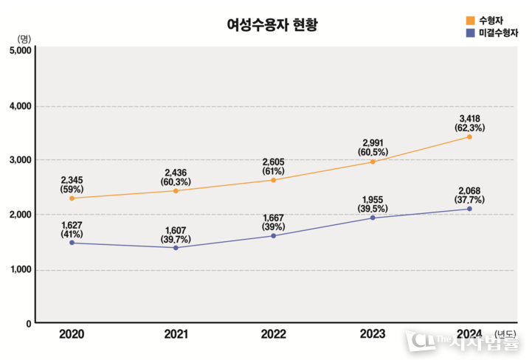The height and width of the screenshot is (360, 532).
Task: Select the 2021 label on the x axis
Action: coord(175,335)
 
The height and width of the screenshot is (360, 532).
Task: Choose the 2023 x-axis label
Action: coord(373,335)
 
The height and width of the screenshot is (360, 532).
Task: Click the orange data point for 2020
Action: coord(72,198)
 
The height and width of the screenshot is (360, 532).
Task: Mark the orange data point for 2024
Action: coord(469,136)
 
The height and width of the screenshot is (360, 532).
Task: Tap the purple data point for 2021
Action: coord(176,248)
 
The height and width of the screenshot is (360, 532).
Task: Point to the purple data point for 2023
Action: coord(373,218)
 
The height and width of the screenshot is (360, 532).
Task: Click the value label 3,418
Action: coord(470,118)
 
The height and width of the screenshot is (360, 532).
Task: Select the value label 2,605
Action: coord(274,161)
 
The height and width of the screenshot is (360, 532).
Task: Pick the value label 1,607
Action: coord(175,229)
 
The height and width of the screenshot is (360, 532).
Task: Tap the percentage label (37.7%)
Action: coord(470,199)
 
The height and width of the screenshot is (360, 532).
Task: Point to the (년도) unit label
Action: coord(506,334)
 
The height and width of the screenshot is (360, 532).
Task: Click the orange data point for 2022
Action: coord(274,180)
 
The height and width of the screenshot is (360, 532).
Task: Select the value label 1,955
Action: coord(373,199)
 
